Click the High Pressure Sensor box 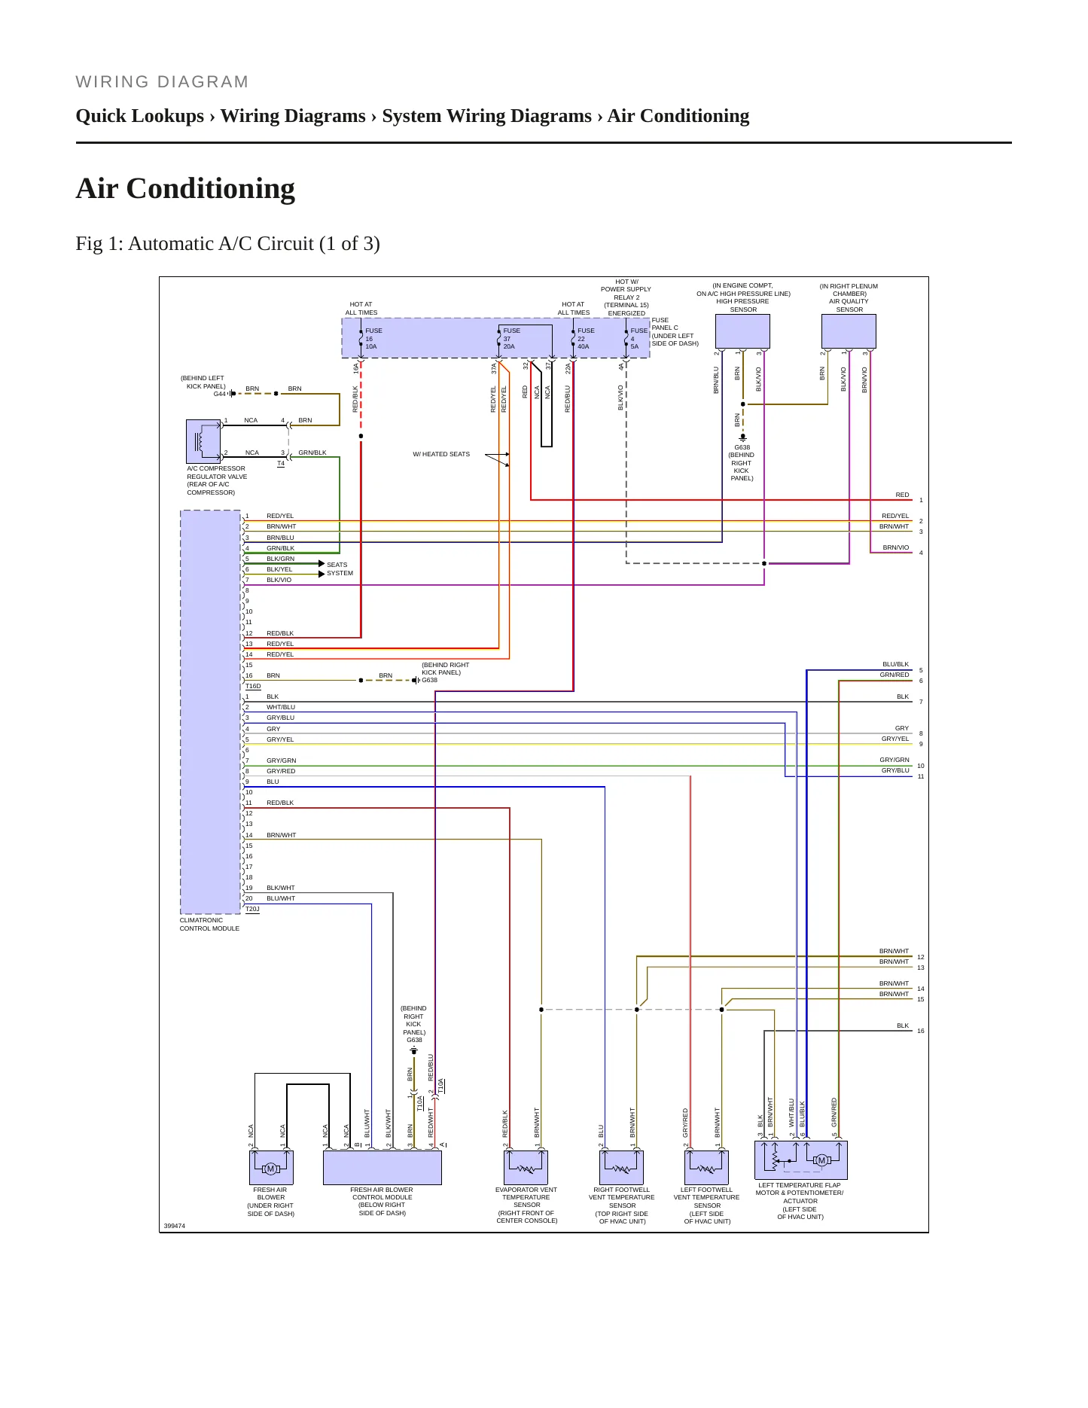coord(742,331)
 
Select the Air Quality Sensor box coord(849,331)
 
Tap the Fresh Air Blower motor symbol coord(271,1168)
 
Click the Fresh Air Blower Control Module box coord(382,1168)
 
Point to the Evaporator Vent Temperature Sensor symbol coord(526,1168)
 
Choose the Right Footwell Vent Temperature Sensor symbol coord(622,1168)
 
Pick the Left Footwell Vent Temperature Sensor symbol coord(707,1168)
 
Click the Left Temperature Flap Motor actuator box coord(801,1160)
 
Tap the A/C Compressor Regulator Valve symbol coord(203,441)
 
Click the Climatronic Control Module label coord(209,925)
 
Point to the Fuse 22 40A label coord(586,339)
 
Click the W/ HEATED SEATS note coord(441,454)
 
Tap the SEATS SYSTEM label coord(340,569)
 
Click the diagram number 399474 coord(175,1226)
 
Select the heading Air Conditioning coord(185,188)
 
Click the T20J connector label coord(252,910)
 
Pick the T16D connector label coord(253,687)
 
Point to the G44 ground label coord(219,394)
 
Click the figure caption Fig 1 coord(227,244)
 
